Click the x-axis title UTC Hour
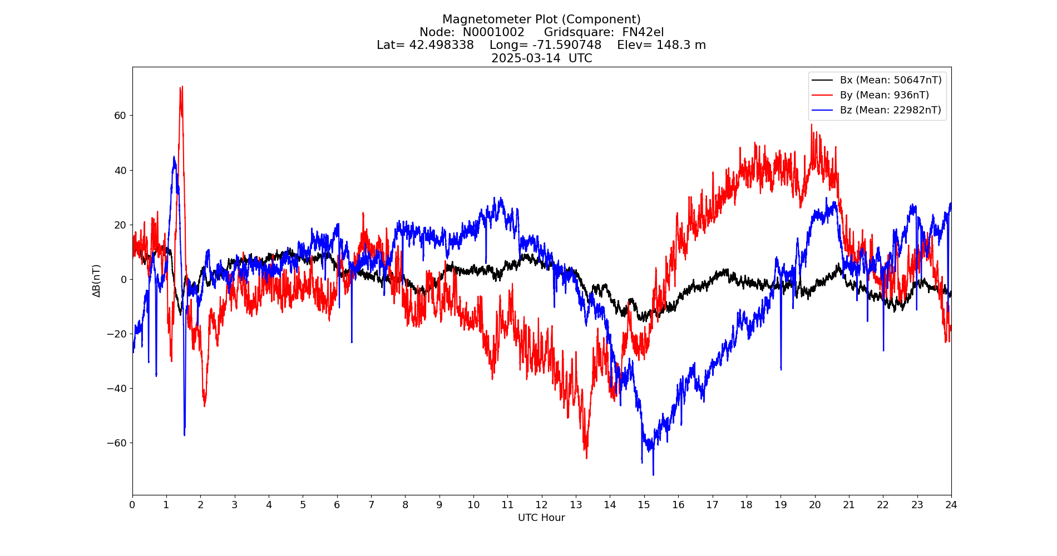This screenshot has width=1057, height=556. coord(541,518)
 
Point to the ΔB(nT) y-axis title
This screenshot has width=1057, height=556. coord(97,281)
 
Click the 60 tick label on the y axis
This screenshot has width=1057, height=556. coord(120,116)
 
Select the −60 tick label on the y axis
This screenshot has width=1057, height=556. coord(117,443)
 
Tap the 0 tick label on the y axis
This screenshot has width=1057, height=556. coord(124,280)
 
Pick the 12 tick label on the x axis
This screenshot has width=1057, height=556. coord(541,505)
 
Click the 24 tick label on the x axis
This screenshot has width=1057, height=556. coord(951,505)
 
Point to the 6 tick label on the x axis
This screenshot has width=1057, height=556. coord(337,505)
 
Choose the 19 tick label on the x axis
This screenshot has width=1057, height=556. coord(781,505)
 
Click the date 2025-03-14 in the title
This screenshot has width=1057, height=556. coord(526,58)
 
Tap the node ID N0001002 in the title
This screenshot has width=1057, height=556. coord(493,32)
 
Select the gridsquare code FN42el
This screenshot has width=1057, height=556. coord(643,32)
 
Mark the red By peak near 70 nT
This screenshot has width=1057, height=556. coord(181,87)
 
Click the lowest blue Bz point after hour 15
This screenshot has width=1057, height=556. coord(653,474)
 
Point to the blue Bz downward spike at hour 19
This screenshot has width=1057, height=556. coord(781,369)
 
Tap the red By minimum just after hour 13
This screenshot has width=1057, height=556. coord(586,458)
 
